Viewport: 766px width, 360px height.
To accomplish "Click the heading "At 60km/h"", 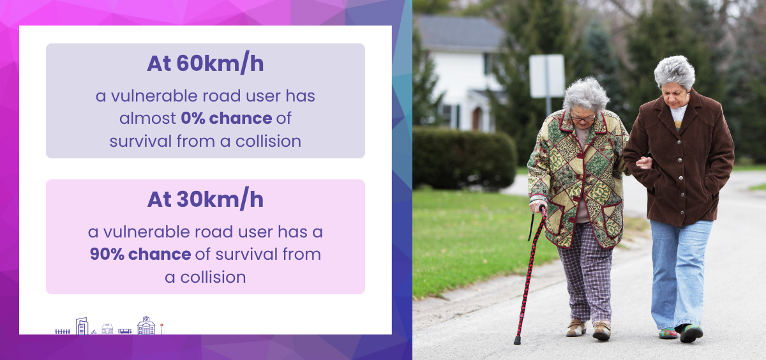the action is (205, 64).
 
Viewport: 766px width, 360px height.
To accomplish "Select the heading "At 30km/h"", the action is (205, 199).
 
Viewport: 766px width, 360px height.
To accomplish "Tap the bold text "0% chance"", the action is (227, 118).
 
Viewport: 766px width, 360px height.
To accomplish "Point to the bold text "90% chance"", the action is (140, 254).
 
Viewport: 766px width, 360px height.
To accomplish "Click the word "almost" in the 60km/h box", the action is (147, 118).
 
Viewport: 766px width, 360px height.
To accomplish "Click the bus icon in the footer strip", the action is (125, 331).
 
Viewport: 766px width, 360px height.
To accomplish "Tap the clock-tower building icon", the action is (146, 325).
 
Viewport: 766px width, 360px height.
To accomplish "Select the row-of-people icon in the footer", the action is (63, 331).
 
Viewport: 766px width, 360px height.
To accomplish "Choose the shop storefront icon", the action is (107, 329).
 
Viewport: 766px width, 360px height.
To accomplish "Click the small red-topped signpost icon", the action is (161, 329).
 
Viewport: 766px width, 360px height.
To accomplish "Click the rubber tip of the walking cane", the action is (517, 340).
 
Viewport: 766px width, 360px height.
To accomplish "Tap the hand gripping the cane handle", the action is (538, 206).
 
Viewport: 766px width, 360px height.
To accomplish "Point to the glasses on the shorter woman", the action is (583, 118).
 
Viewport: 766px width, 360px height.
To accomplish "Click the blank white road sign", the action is (547, 76).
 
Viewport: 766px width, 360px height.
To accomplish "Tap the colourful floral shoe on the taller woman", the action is (668, 333).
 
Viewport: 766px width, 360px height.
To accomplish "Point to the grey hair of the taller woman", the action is (675, 71).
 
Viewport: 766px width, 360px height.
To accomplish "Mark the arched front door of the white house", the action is (477, 118).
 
